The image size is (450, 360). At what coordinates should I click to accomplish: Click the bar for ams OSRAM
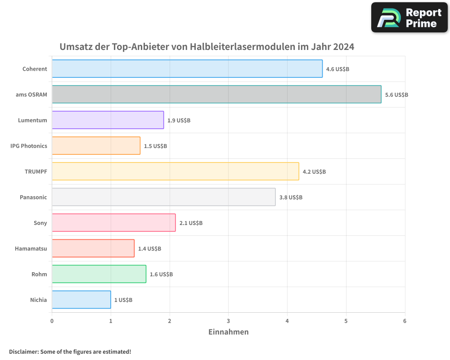216,94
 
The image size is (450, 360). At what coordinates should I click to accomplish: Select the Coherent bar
187,69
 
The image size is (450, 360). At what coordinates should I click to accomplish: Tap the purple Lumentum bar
108,120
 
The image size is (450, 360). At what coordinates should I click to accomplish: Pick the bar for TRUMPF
175,171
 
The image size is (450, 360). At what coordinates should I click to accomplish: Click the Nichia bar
81,300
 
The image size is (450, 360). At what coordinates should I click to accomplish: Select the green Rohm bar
99,274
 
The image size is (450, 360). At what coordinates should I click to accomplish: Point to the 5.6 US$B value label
396,95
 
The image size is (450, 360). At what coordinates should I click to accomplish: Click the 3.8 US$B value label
291,198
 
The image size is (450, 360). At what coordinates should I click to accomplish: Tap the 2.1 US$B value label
191,223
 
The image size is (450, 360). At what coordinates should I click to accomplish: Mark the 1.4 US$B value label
149,249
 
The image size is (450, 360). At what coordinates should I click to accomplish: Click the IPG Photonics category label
29,146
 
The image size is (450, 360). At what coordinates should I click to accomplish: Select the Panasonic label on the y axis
33,197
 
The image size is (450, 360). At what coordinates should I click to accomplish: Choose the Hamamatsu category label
31,248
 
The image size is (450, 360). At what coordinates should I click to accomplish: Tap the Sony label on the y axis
40,223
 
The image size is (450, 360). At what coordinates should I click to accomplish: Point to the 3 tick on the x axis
229,321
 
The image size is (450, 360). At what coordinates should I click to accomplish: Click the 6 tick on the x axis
405,321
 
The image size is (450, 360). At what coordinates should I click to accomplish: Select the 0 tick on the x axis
52,321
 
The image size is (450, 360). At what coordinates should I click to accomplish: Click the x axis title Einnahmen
228,332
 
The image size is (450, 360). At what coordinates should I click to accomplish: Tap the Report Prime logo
409,18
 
